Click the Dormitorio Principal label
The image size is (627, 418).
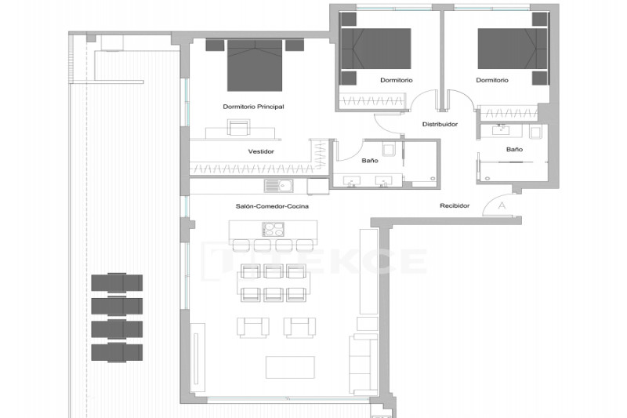point(253,107)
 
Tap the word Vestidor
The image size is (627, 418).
point(261,151)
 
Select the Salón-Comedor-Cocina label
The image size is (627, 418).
point(272,206)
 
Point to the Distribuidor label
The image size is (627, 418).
point(440,124)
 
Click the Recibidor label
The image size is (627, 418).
point(455,205)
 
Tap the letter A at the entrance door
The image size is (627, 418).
point(502,205)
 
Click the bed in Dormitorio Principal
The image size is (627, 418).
point(255,65)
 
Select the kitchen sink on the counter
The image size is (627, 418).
point(279,186)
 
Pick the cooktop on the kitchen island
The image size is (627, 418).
point(273,230)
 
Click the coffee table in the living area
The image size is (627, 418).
point(290,367)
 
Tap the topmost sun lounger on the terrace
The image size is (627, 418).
point(117,283)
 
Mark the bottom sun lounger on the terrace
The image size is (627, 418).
point(117,352)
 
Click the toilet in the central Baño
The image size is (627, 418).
point(389,149)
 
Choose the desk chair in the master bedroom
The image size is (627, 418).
point(238,128)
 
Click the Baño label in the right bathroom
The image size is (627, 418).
point(514,149)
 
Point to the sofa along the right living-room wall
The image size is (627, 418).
point(364,364)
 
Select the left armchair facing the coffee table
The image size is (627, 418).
point(252,327)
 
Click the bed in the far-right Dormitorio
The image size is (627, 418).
point(513,49)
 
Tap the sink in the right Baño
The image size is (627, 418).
point(500,129)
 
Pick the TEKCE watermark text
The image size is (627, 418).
point(315,261)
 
